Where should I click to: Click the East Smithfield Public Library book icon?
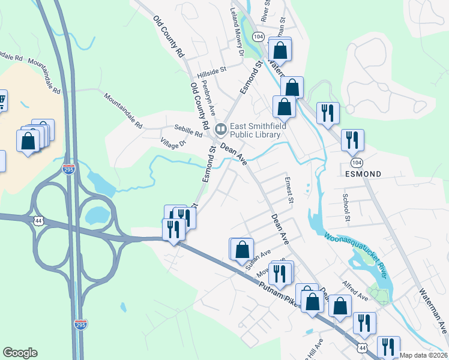pyautogui.click(x=221, y=128)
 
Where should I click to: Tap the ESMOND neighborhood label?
pyautogui.click(x=364, y=174)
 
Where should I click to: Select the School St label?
pyautogui.click(x=346, y=207)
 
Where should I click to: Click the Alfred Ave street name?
pyautogui.click(x=355, y=291)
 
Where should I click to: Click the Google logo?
pyautogui.click(x=20, y=353)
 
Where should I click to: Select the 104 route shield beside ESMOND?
pyautogui.click(x=357, y=163)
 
